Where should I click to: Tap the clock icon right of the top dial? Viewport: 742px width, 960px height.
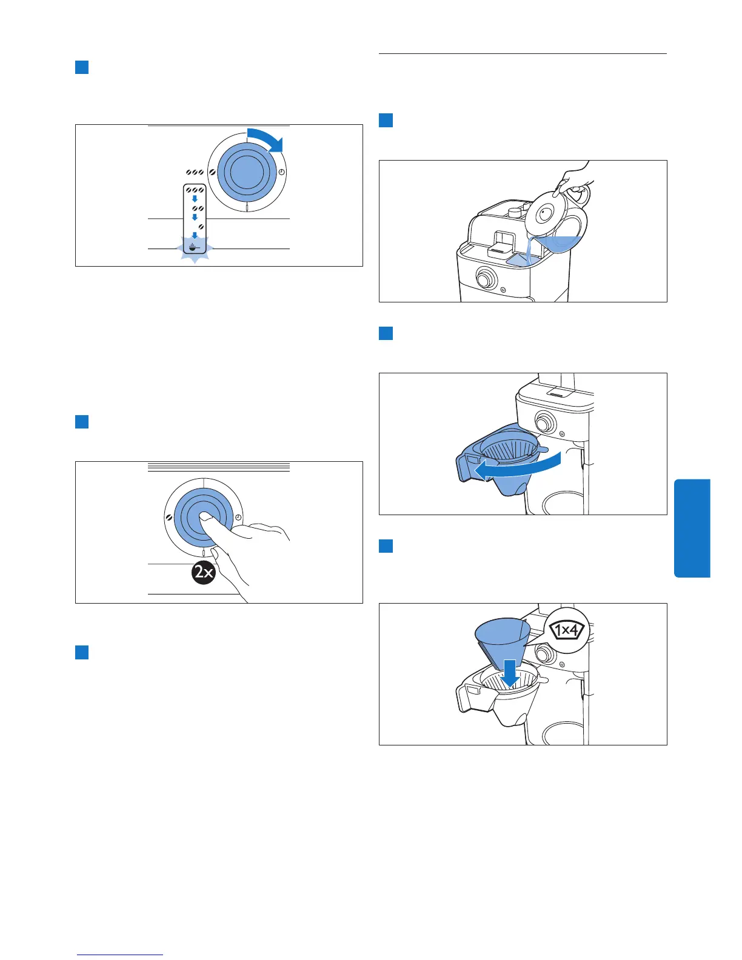pyautogui.click(x=281, y=173)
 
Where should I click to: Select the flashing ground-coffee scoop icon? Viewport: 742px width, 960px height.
pyautogui.click(x=193, y=247)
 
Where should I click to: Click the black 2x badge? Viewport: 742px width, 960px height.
pyautogui.click(x=204, y=572)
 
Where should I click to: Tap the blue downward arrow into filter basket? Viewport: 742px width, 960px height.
pyautogui.click(x=510, y=673)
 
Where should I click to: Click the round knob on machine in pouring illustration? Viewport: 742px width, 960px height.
pyautogui.click(x=484, y=279)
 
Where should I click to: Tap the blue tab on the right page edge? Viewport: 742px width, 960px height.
pyautogui.click(x=692, y=528)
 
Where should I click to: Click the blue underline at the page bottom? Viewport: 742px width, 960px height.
pyautogui.click(x=120, y=955)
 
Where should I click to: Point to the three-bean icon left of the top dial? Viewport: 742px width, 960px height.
pyautogui.click(x=195, y=173)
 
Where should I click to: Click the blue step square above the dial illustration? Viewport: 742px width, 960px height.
pyautogui.click(x=82, y=67)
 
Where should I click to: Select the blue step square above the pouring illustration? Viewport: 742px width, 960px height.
pyautogui.click(x=386, y=120)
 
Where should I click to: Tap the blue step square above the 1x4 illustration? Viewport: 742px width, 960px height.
pyautogui.click(x=386, y=546)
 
